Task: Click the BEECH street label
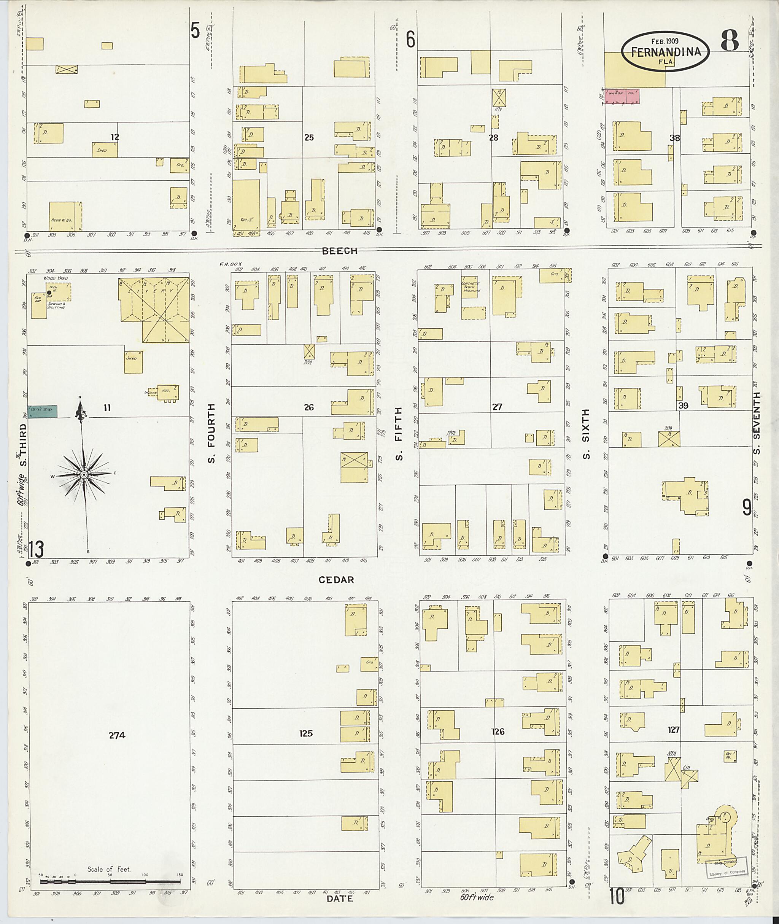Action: click(x=340, y=251)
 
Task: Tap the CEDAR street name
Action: click(x=337, y=580)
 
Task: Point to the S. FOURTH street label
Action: click(x=211, y=433)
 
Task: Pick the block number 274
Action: click(x=117, y=735)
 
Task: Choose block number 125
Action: click(x=306, y=733)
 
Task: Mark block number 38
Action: click(x=674, y=138)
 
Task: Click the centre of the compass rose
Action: click(x=83, y=474)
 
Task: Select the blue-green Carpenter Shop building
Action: click(x=42, y=412)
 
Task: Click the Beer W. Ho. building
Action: click(x=65, y=216)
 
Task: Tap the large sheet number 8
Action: click(x=730, y=41)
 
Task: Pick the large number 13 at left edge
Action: click(x=36, y=549)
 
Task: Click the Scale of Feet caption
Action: click(x=109, y=869)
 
